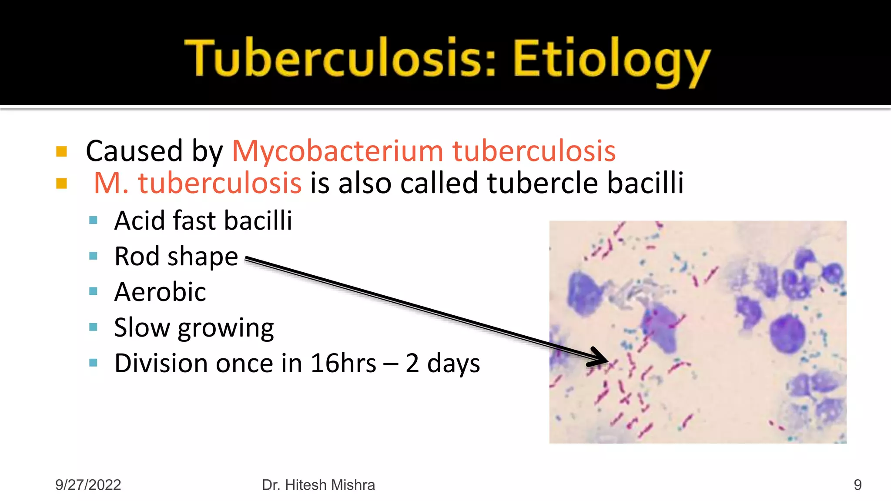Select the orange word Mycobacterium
click(x=338, y=151)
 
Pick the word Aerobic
click(x=160, y=292)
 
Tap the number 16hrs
click(x=343, y=364)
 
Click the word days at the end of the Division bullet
click(x=453, y=364)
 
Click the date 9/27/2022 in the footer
click(x=88, y=485)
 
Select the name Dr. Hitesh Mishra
click(x=318, y=485)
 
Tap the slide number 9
click(x=858, y=485)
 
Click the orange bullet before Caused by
click(x=62, y=152)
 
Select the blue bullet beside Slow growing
click(x=93, y=327)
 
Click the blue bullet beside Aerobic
click(x=93, y=291)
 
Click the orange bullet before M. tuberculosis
click(x=62, y=184)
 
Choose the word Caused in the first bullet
click(x=134, y=151)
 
